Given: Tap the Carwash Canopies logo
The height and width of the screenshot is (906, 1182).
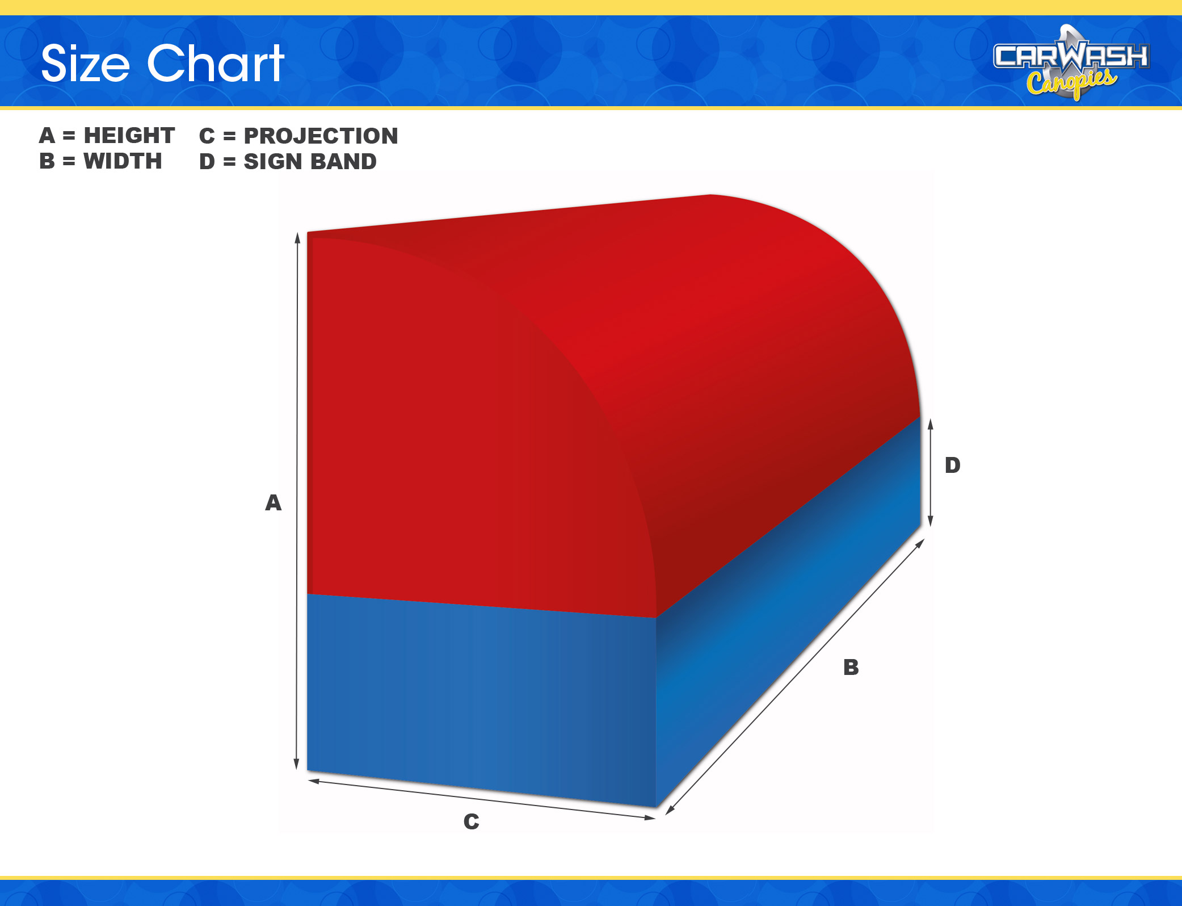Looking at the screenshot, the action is [1071, 62].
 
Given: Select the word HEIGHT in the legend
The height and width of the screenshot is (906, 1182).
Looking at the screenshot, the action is [129, 136].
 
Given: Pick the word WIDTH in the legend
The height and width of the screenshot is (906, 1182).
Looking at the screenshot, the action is [123, 161].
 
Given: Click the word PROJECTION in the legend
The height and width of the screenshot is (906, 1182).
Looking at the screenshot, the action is [321, 136].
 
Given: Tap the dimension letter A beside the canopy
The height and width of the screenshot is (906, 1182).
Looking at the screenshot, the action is [274, 502].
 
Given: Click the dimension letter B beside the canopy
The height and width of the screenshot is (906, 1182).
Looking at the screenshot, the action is [851, 667].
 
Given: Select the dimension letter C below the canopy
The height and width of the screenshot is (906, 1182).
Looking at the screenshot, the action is [471, 821].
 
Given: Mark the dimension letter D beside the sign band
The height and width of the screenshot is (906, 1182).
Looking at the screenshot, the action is [953, 465].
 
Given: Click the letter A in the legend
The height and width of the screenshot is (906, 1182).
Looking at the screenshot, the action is [47, 136].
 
